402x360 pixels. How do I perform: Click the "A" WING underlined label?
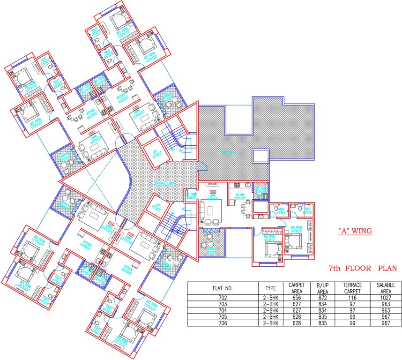tap(355, 231)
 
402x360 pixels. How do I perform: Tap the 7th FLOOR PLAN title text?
tap(362, 269)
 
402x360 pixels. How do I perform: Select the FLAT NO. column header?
tap(223, 287)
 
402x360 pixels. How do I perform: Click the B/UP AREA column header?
tap(322, 287)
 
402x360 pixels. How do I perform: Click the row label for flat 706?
tap(223, 323)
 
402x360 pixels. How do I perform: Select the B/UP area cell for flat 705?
tap(322, 316)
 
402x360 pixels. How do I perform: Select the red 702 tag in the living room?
tap(213, 192)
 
